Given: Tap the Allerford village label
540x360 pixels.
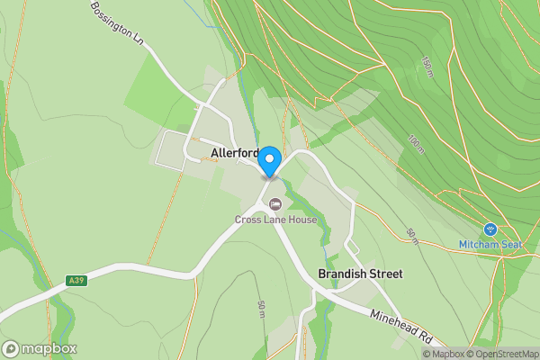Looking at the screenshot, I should (x=235, y=153).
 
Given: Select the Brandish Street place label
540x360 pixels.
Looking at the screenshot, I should (x=360, y=273).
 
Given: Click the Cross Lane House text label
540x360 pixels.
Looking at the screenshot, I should (x=275, y=220).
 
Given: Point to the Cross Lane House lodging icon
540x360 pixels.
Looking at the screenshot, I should (x=275, y=203).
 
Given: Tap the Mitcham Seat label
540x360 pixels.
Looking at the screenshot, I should (x=490, y=244).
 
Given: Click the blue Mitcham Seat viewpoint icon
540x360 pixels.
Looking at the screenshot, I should (x=490, y=229).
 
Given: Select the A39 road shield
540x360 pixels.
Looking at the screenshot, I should (x=77, y=281).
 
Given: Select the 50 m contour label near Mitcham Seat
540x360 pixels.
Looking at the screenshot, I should (x=412, y=235).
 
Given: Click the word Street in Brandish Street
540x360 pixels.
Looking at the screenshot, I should (x=384, y=273).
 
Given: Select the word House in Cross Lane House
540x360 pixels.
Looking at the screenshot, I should (x=301, y=220).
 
